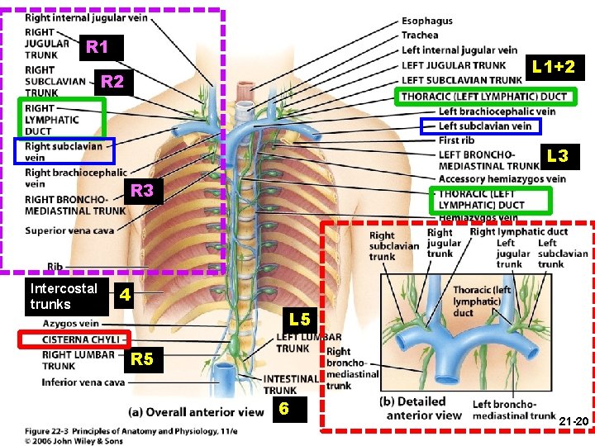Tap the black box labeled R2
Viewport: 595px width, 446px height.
[x=112, y=81]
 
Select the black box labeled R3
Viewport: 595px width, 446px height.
[x=142, y=191]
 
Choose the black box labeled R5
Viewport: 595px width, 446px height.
[x=142, y=359]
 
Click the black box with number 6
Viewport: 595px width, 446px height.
[x=283, y=408]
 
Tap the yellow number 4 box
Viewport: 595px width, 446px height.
[x=123, y=294]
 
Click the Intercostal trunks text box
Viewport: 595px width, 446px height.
[x=63, y=297]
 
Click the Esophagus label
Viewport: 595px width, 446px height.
[x=426, y=21]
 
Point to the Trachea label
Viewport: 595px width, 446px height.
[x=420, y=36]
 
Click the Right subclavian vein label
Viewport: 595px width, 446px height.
[x=64, y=151]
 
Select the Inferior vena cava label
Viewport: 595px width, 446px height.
[x=83, y=382]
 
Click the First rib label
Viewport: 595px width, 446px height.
[x=457, y=140]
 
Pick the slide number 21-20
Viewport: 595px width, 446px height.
[x=573, y=421]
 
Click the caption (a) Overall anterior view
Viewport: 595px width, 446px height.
[x=196, y=412]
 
